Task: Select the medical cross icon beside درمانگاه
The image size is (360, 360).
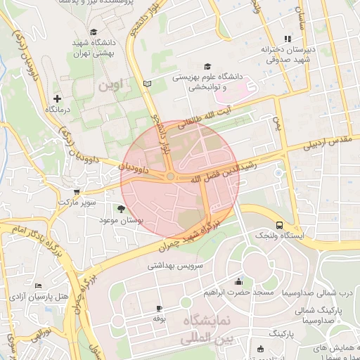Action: tap(58, 98)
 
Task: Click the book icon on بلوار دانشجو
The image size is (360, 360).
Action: tap(147, 84)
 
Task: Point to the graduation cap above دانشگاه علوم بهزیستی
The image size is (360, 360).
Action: tap(207, 65)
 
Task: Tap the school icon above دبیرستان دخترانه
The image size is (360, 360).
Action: tap(286, 39)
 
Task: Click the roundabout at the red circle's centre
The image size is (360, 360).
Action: tap(170, 176)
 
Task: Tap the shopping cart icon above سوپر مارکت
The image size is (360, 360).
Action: tap(77, 191)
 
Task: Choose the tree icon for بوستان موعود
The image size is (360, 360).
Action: tap(122, 209)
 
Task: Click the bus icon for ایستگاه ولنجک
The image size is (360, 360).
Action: tap(280, 225)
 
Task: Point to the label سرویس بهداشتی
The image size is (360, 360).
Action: tap(175, 266)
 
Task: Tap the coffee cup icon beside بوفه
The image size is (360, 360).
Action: tap(159, 308)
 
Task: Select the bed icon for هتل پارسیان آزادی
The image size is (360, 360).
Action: tap(38, 285)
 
